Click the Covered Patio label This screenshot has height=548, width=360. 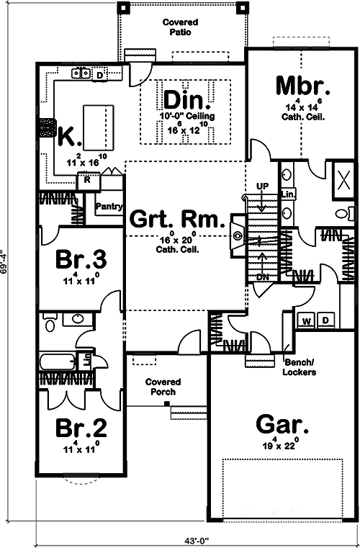pyautogui.click(x=180, y=28)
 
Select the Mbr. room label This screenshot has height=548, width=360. pyautogui.click(x=303, y=86)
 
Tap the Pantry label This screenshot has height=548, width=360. pyautogui.click(x=108, y=205)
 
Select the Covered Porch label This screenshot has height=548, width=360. pyautogui.click(x=162, y=387)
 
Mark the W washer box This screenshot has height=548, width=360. pyautogui.click(x=306, y=320)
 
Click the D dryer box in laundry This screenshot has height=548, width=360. pyautogui.click(x=325, y=320)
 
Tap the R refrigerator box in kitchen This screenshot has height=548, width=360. pyautogui.click(x=88, y=180)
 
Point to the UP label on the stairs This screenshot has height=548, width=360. pyautogui.click(x=262, y=186)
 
